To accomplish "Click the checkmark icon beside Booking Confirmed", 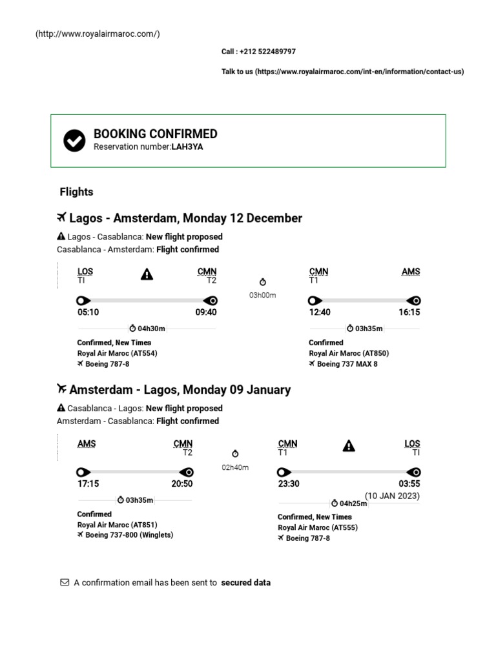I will click(x=74, y=140).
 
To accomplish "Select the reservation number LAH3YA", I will click(x=187, y=147).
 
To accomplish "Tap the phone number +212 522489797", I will click(x=267, y=52).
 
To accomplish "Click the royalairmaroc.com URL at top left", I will click(x=98, y=34).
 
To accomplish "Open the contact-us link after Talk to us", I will click(x=360, y=72).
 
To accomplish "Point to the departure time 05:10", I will click(x=88, y=312).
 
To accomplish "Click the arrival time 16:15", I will click(x=409, y=312).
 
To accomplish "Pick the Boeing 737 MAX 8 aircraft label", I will click(x=347, y=364).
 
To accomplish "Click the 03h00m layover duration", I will click(x=262, y=295).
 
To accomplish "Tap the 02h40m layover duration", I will click(x=235, y=467).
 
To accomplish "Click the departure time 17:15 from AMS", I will click(x=88, y=483).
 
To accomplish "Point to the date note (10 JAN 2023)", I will click(x=392, y=496).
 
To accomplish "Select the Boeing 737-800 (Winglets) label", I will click(x=129, y=535).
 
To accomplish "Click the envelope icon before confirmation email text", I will click(x=65, y=582).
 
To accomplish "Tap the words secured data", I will click(x=245, y=582).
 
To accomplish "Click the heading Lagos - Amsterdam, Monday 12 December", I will click(x=185, y=218).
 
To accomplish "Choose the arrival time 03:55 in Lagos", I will click(x=409, y=483).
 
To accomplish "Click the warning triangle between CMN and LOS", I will click(x=349, y=445).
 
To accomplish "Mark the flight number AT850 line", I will click(x=349, y=353).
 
